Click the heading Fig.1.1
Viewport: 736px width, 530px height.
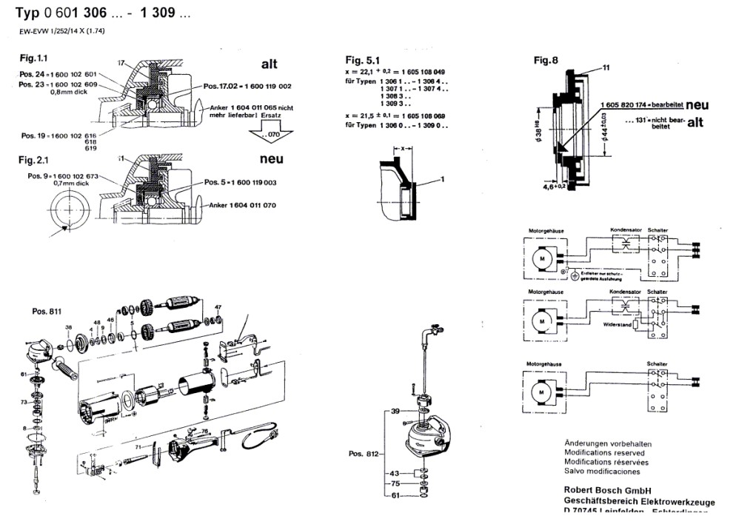pyautogui.click(x=36, y=58)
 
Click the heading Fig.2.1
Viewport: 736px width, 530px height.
pyautogui.click(x=36, y=160)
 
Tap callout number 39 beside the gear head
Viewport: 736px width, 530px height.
pyautogui.click(x=395, y=411)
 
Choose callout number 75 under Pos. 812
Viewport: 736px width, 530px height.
pyautogui.click(x=395, y=483)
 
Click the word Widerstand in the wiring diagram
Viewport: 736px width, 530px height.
pyautogui.click(x=618, y=324)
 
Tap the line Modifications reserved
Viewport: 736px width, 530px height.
pyautogui.click(x=604, y=452)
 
